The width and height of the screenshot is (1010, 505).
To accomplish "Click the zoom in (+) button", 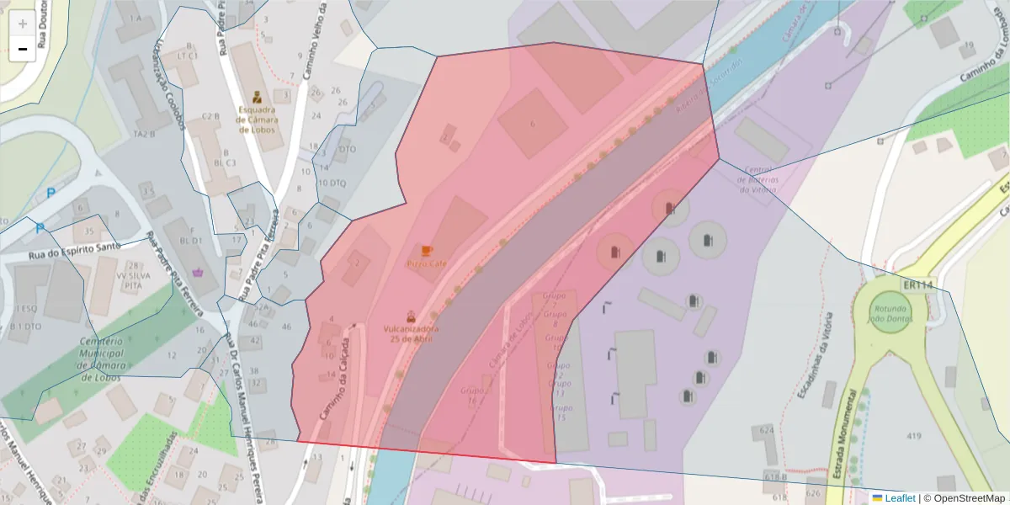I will [23, 24].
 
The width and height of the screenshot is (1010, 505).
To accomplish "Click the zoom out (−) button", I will [23, 49].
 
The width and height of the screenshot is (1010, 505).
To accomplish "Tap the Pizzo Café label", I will [427, 264].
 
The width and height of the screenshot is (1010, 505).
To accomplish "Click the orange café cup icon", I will [427, 251].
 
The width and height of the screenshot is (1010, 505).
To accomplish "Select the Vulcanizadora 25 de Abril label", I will [411, 332].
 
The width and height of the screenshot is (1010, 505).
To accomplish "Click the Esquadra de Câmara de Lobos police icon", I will [256, 96].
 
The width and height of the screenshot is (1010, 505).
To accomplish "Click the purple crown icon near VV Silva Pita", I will [199, 272].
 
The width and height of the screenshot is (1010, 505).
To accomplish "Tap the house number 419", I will [914, 435].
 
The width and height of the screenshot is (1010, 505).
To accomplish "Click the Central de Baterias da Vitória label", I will [759, 179].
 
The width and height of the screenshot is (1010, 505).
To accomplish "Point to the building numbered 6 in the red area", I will [532, 125].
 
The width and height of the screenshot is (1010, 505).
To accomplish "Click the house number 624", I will [766, 430].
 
